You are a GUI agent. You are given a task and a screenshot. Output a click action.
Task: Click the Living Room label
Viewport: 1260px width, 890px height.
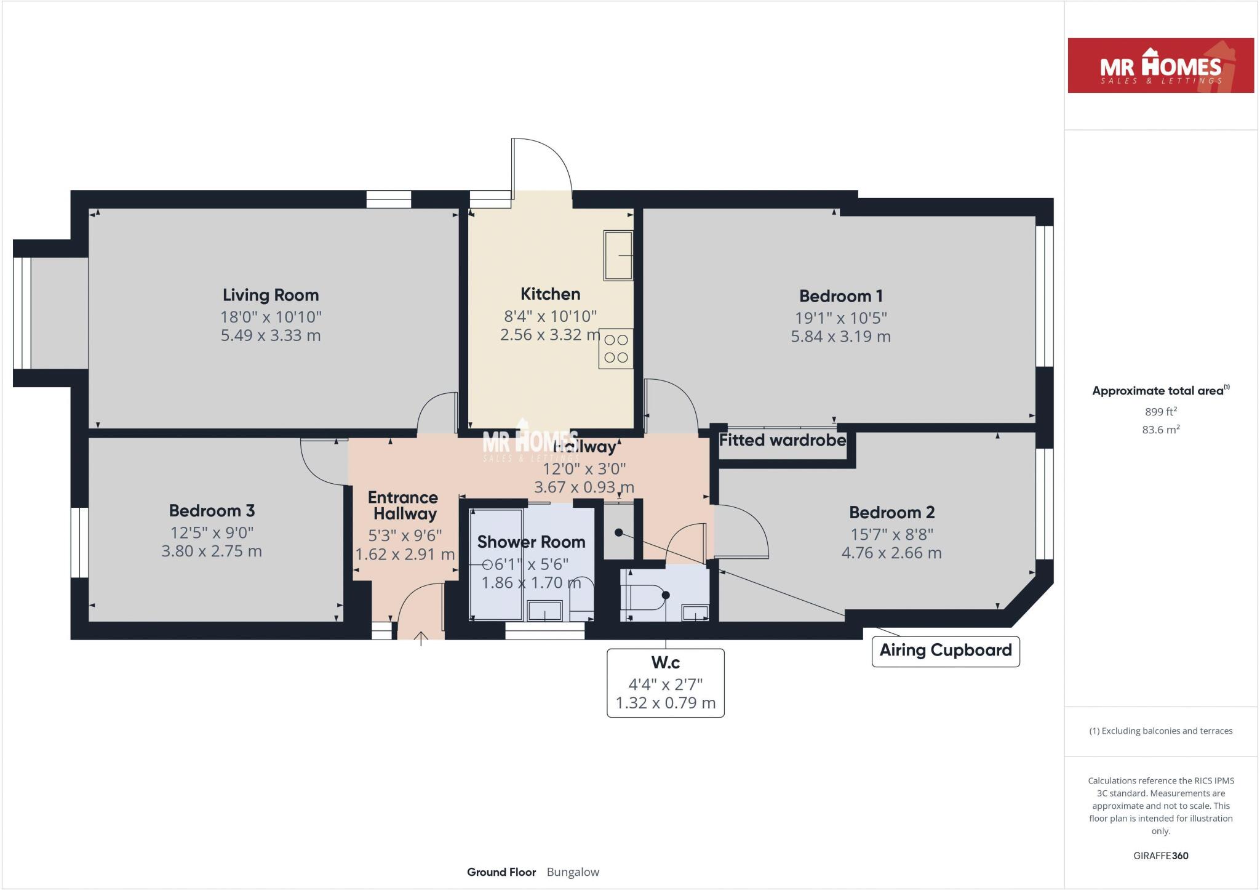271,295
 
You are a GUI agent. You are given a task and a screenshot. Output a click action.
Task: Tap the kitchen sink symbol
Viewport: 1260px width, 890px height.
618,255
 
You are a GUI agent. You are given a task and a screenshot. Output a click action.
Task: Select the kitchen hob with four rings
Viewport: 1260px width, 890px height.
616,348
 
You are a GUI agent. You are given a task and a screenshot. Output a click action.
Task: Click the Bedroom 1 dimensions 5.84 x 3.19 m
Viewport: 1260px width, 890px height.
840,337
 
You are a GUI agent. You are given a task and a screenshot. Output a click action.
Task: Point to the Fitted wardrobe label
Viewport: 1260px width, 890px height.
782,441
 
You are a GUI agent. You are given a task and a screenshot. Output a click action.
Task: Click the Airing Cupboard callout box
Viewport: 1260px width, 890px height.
945,651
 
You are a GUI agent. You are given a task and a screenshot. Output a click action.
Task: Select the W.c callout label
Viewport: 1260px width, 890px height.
665,663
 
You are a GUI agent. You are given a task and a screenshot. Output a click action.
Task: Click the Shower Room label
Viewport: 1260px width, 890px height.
531,542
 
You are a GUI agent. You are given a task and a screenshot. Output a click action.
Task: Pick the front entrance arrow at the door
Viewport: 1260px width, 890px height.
421,638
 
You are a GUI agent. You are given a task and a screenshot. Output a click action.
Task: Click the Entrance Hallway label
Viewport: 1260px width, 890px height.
404,505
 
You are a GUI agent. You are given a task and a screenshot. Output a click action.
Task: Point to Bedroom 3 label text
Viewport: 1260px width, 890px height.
212,511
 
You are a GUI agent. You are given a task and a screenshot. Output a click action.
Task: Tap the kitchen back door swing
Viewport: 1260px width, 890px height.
544,163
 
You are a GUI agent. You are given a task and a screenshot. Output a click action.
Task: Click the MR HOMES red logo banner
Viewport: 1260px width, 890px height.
1160,66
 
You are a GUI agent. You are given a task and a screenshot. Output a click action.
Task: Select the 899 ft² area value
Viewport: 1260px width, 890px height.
1160,412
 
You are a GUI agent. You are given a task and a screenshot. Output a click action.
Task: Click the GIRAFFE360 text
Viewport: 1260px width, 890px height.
1160,856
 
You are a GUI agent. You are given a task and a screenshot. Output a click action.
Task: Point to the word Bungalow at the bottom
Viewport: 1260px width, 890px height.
572,872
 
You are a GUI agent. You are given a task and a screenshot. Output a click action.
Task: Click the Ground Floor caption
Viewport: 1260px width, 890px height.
501,872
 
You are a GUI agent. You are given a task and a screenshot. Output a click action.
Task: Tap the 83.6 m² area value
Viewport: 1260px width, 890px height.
1160,430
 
